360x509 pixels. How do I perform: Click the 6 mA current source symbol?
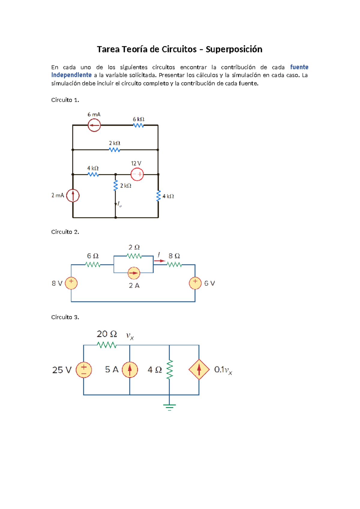pos(94,125)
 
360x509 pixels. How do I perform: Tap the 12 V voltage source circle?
pos(137,174)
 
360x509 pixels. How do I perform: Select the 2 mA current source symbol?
pos(73,195)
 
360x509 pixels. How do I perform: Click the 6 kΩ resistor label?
pos(139,119)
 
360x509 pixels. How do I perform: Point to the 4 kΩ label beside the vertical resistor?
pos(168,196)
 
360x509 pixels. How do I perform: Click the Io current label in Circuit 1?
pos(119,205)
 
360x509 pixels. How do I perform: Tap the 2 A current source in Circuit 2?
pos(134,273)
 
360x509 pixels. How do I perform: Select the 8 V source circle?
pos(71,283)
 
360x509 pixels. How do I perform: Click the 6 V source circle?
pos(195,283)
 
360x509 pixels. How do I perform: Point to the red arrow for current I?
pos(160,261)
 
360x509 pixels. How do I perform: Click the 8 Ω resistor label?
pos(174,256)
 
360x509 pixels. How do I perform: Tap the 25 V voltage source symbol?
pos(84,370)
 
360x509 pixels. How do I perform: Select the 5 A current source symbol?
pos(130,370)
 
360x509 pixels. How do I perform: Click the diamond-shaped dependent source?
pos(199,370)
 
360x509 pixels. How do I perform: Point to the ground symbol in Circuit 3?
pos(169,407)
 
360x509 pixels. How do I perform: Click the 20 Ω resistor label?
pos(107,334)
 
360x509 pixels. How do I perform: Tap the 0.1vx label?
pos(223,370)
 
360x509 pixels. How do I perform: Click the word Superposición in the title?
pos(234,49)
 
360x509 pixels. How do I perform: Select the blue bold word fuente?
pos(299,67)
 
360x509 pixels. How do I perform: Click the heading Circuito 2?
pos(65,232)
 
